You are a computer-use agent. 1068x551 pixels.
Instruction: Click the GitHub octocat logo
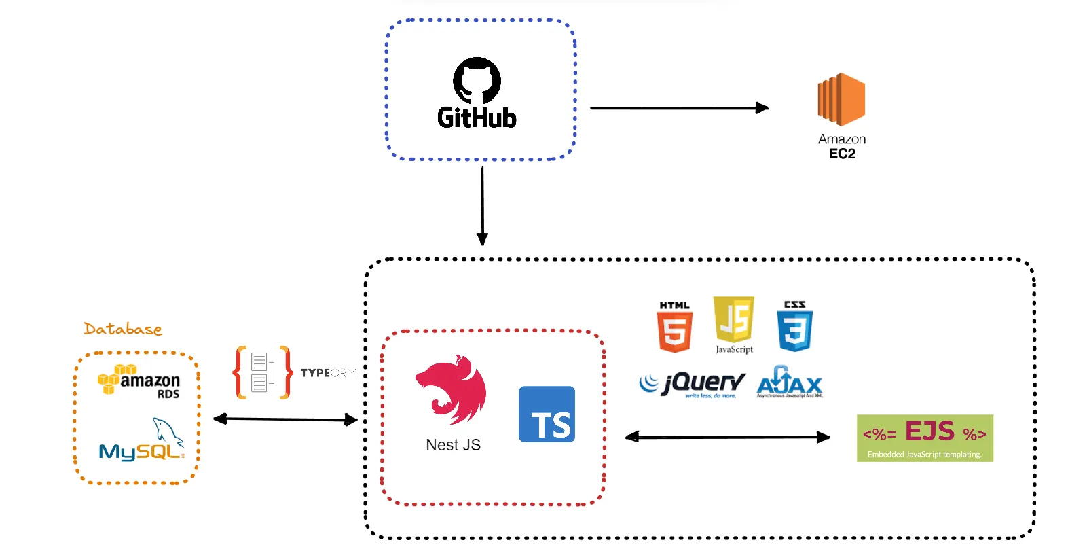click(477, 80)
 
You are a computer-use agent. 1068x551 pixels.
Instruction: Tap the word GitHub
click(477, 118)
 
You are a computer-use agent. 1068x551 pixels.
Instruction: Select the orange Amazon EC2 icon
click(841, 99)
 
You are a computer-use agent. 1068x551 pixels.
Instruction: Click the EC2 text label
click(842, 154)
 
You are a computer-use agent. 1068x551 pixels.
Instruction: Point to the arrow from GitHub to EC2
click(679, 108)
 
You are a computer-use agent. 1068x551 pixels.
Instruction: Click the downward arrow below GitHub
click(482, 204)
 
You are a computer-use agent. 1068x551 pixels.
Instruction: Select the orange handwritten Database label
click(123, 330)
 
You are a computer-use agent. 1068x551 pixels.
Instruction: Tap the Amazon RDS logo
click(139, 382)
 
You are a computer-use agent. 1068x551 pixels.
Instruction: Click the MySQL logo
click(142, 442)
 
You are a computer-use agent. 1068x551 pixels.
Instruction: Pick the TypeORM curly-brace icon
click(263, 372)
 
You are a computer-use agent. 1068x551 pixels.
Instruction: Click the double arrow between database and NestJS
click(285, 419)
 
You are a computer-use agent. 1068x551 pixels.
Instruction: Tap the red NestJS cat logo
click(451, 389)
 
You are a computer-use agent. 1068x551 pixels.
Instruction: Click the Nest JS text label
click(453, 445)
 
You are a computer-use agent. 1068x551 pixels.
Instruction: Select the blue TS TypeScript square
click(547, 414)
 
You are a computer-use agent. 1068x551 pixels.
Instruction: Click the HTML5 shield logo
click(674, 327)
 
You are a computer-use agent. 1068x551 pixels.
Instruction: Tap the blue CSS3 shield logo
click(795, 327)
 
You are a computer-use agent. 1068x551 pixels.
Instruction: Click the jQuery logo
click(692, 385)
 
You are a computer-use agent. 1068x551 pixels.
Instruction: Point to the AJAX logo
click(790, 383)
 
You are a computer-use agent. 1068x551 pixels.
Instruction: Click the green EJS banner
click(925, 438)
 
